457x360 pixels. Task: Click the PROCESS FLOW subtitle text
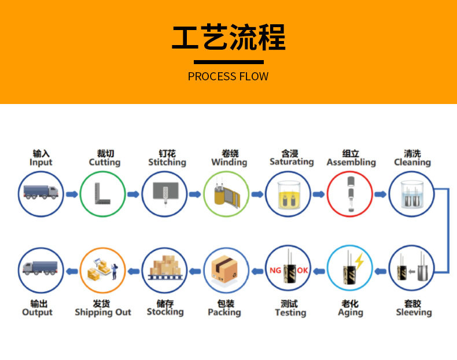(228, 77)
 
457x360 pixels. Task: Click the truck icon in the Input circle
(40, 192)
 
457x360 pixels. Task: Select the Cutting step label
(104, 162)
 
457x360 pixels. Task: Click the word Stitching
(167, 162)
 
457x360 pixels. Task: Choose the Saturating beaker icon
(288, 194)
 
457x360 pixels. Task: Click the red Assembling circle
(350, 194)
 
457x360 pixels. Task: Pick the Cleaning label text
(412, 162)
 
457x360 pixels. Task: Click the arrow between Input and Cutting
(71, 194)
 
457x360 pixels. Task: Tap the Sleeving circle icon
(412, 269)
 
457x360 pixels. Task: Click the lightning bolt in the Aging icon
(359, 263)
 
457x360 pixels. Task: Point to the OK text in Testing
(303, 270)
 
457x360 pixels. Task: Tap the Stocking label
(165, 312)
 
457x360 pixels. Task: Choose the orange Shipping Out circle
(102, 269)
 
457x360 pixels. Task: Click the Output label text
(37, 312)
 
